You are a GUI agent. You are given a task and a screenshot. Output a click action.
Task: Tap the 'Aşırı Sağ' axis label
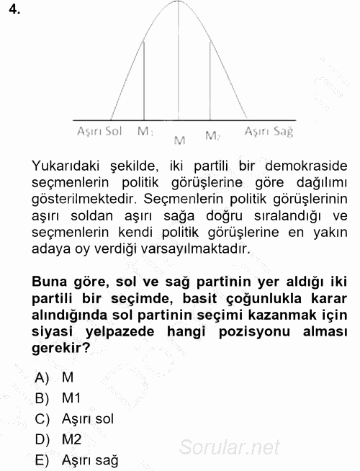coord(269,132)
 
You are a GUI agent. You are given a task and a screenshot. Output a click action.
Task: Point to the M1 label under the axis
coord(145,133)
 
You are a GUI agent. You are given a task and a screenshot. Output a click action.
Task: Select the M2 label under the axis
coord(212,135)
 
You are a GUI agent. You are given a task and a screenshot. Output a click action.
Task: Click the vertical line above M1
coord(145,79)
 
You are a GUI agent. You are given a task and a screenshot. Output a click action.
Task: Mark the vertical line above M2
coord(211,79)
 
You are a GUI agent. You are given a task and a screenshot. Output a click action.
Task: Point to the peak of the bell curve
coord(179,2)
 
